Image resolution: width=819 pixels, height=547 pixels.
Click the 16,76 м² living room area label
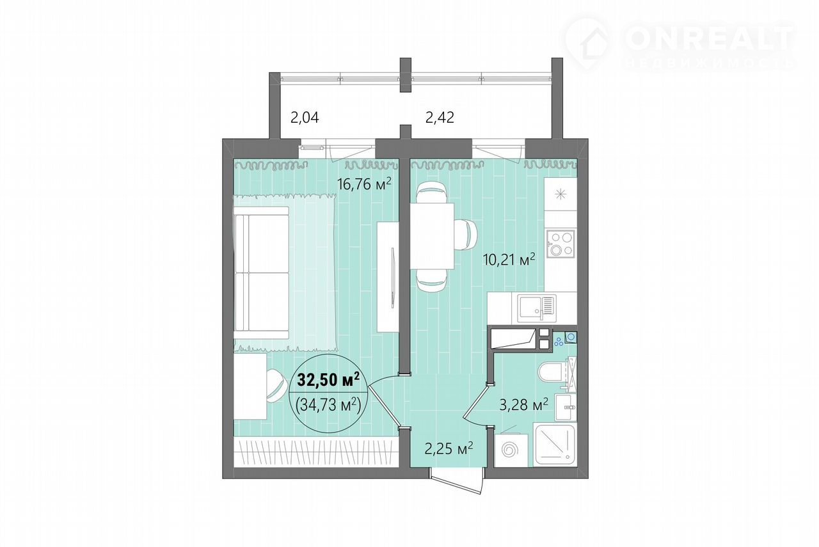coord(364,184)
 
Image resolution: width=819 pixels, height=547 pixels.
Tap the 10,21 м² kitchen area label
coord(509,259)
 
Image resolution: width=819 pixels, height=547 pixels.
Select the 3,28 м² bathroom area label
coord(524,404)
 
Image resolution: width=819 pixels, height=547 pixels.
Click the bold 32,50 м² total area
coord(328,380)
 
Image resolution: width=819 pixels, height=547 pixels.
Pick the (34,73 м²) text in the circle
coord(328,405)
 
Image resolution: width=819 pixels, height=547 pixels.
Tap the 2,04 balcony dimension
coord(305,118)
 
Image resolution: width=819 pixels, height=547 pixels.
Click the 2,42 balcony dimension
coord(440,117)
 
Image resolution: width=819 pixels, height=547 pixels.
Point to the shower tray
coord(555,444)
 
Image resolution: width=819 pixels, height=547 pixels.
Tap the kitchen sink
coord(537,308)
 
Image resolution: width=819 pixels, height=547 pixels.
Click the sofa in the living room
coord(262,273)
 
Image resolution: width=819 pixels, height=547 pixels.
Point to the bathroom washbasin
coord(566,408)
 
